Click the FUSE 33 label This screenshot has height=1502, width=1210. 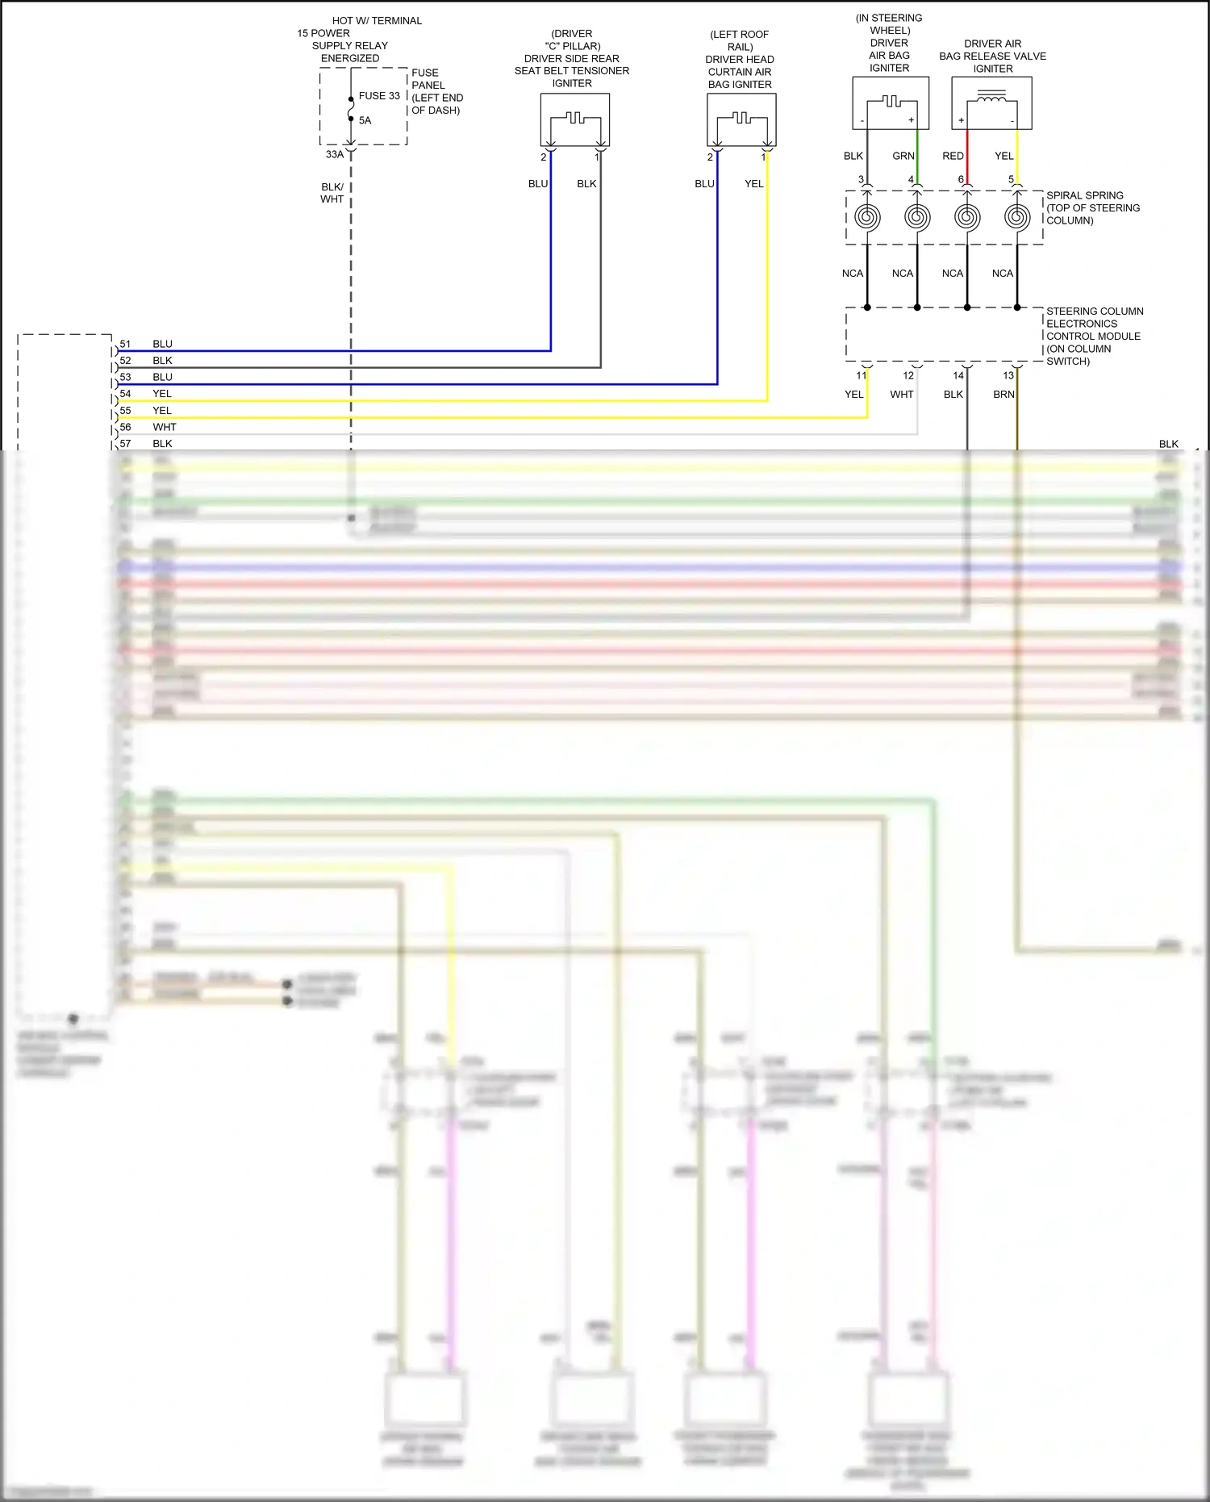click(379, 96)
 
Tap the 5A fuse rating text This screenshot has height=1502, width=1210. click(365, 121)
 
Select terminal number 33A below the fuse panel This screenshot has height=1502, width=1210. click(334, 154)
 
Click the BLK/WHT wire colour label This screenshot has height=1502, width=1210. click(332, 193)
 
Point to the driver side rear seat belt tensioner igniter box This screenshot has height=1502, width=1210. click(574, 119)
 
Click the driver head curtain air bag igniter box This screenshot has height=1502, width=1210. click(741, 119)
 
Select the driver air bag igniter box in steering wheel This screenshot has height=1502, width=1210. click(891, 103)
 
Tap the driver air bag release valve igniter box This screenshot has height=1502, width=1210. click(991, 103)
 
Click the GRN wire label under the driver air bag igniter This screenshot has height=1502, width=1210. click(903, 157)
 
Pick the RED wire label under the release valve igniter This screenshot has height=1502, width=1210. click(953, 157)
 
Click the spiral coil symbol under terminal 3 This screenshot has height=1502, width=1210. click(867, 216)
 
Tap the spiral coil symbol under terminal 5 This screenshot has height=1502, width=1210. click(1017, 216)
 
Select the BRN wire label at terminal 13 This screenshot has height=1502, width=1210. click(1003, 395)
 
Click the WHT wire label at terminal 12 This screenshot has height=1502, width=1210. click(902, 395)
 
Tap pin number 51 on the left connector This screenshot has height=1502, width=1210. click(125, 344)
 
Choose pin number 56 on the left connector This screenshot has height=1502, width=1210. click(125, 427)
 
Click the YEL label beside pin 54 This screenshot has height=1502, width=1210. click(162, 394)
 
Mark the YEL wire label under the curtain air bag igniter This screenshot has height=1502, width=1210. click(753, 184)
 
